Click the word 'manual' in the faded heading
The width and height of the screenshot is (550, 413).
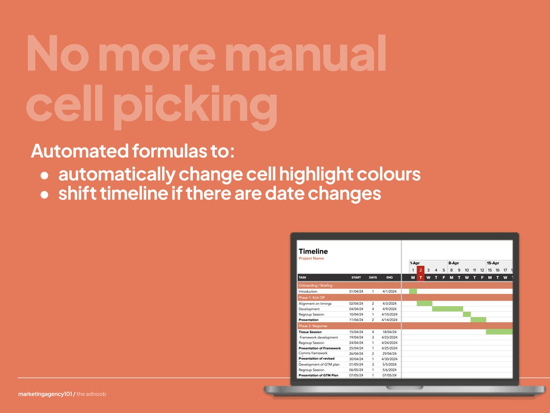tap(305, 54)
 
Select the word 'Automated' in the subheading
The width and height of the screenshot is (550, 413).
tap(80, 151)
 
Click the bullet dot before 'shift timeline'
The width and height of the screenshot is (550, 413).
tap(44, 195)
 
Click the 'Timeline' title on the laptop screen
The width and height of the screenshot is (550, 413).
tap(313, 251)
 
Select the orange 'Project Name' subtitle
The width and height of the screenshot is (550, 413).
tap(311, 258)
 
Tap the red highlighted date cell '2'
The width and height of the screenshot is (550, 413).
tap(421, 270)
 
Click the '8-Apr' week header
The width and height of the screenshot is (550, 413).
tap(454, 263)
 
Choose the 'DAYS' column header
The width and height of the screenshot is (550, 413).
tap(372, 278)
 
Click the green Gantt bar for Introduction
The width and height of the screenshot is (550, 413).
tap(413, 291)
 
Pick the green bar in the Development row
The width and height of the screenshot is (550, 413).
tap(447, 309)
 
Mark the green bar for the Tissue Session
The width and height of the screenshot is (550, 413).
tap(499, 332)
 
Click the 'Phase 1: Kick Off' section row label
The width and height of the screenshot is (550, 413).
tap(312, 298)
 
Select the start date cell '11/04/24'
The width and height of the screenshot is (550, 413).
tap(356, 320)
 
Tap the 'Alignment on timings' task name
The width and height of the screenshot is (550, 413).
tap(315, 303)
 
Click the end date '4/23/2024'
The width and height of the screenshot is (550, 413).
tap(389, 337)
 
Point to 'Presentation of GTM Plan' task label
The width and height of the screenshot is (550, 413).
tap(318, 375)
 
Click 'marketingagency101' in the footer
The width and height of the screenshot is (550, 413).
tap(45, 394)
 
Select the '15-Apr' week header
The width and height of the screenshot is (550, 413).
tap(493, 263)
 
